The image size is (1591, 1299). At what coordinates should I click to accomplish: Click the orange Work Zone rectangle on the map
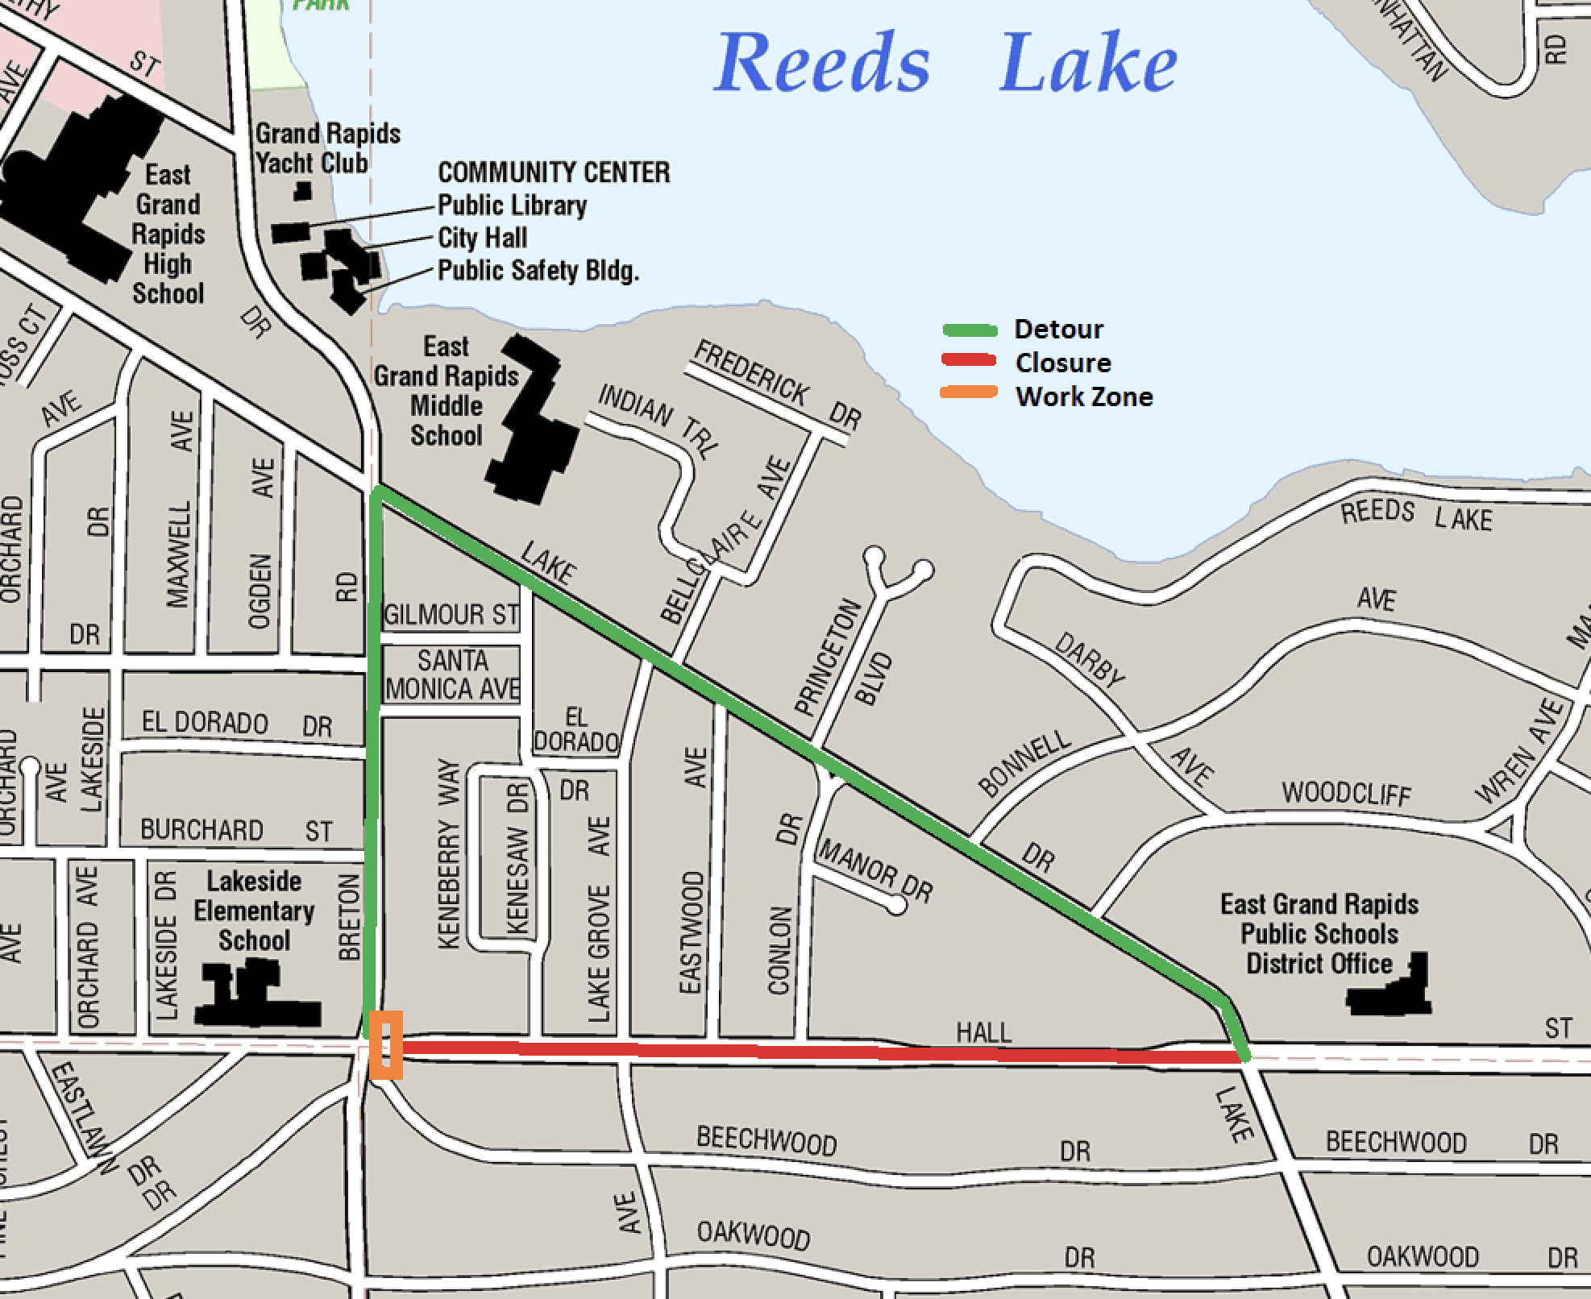(x=385, y=1044)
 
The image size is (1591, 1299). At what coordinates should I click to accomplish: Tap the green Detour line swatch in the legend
(x=970, y=330)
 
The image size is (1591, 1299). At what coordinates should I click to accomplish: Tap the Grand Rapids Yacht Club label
(x=327, y=147)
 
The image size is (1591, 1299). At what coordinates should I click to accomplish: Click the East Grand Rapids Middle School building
(x=531, y=419)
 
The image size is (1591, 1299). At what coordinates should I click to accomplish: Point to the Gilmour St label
(x=451, y=615)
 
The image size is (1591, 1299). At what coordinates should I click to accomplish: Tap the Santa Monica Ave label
(x=452, y=674)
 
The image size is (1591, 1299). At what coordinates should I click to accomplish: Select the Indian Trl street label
(x=656, y=421)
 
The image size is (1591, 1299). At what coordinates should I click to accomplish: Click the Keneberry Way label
(x=448, y=854)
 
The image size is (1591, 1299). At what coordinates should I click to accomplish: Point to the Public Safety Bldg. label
(x=538, y=271)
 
